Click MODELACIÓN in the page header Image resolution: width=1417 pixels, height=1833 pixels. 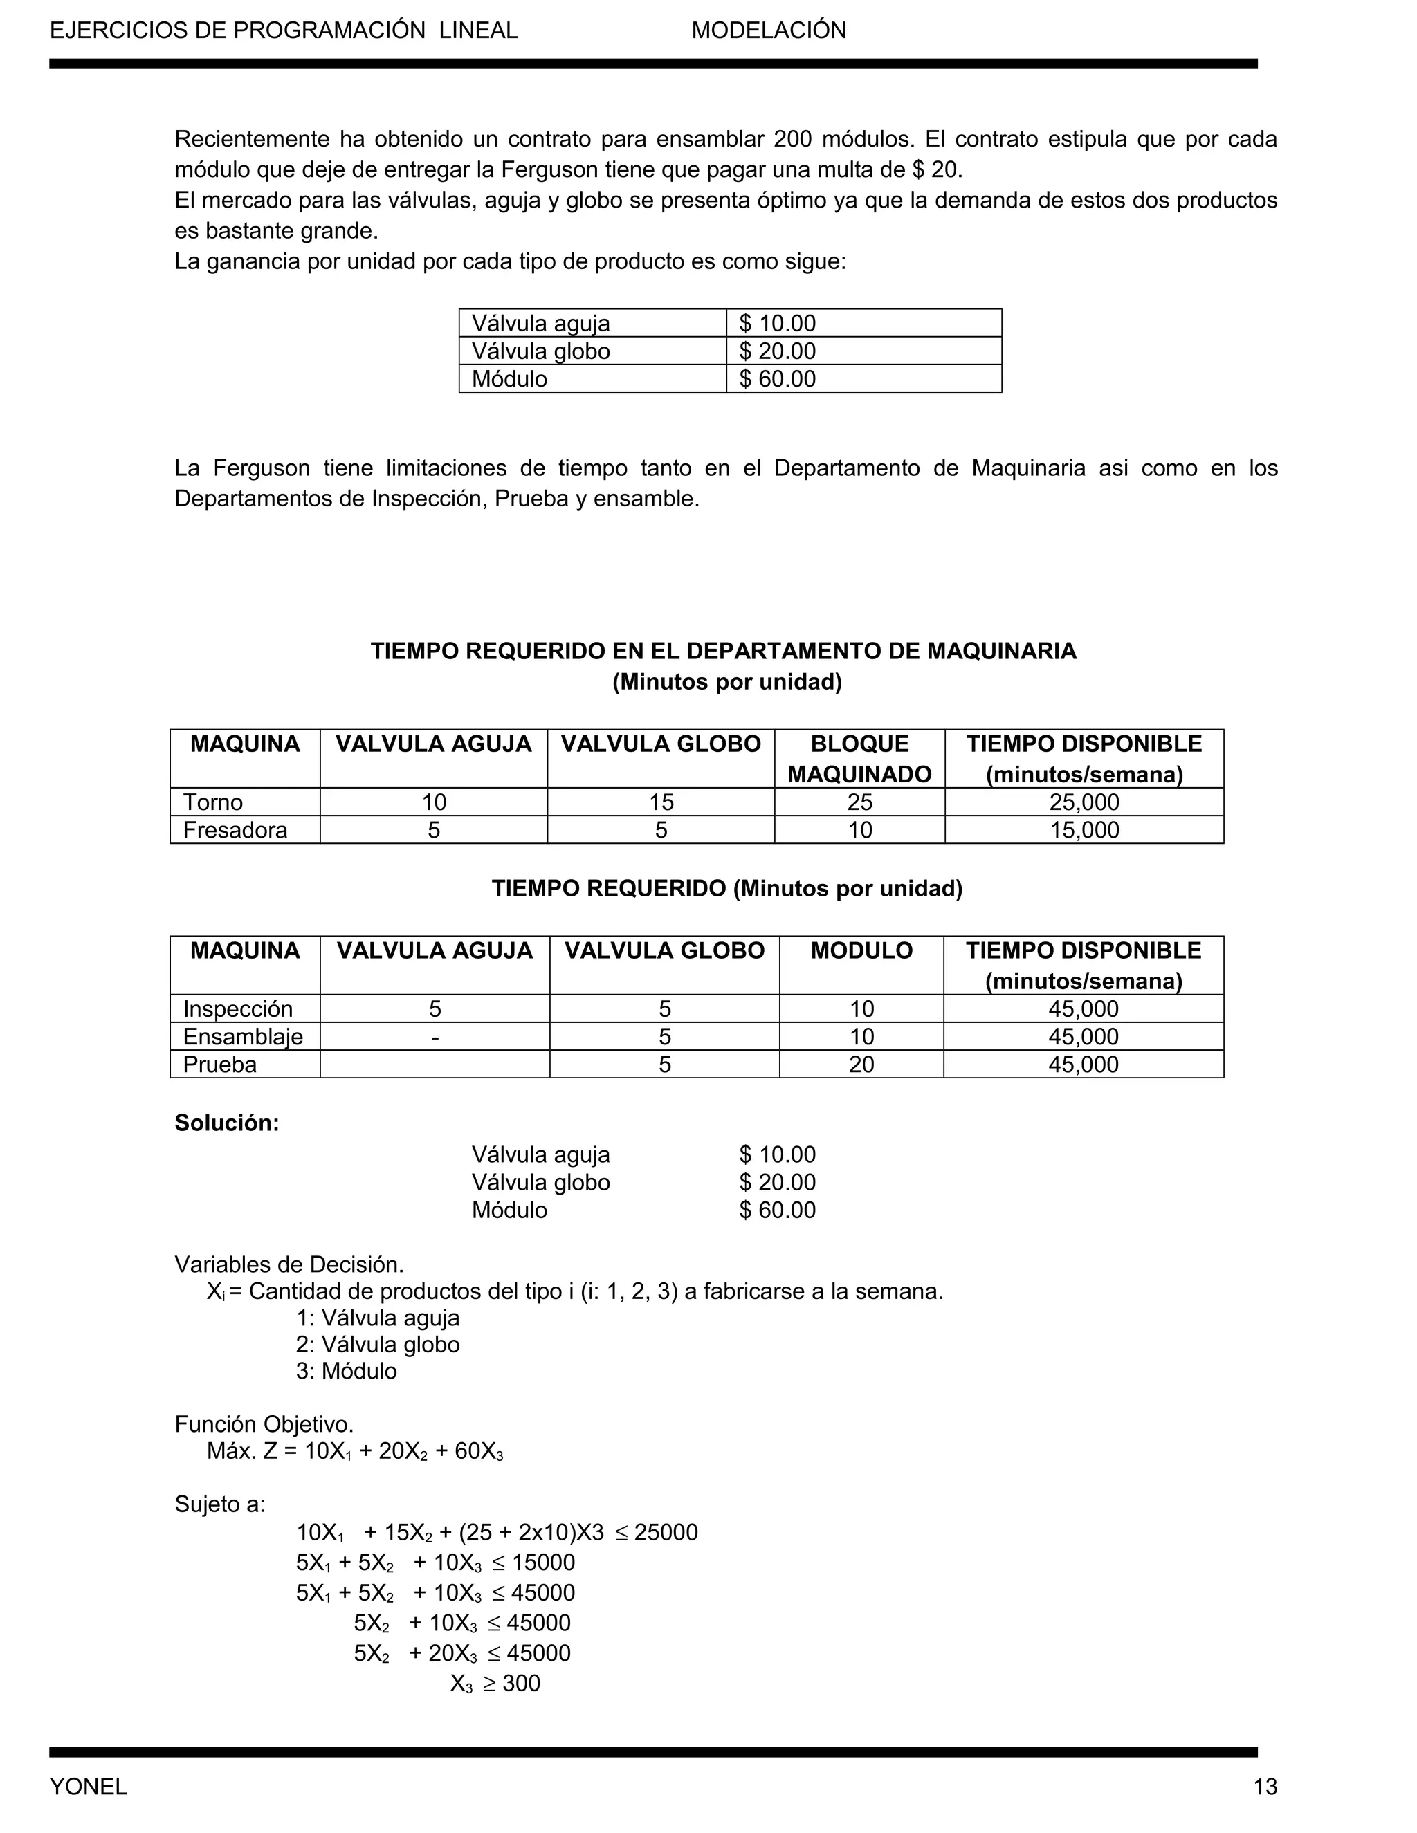pos(768,30)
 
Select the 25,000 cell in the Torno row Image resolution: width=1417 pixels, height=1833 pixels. pos(1083,802)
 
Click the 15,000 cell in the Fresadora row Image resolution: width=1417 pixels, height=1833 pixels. pos(1083,829)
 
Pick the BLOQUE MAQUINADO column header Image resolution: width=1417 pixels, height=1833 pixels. pos(859,759)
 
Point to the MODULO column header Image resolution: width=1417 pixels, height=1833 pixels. pos(861,950)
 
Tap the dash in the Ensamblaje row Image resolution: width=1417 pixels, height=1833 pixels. pos(434,1037)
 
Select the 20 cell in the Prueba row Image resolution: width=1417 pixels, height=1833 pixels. pos(861,1065)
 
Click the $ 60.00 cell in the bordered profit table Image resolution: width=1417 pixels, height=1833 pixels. pos(777,378)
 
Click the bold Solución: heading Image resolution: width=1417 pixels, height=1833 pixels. pos(227,1123)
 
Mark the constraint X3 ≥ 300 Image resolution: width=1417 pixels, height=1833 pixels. pos(495,1683)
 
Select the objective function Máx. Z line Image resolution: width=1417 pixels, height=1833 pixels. pos(355,1451)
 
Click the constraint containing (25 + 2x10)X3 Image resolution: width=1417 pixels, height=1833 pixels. pos(497,1533)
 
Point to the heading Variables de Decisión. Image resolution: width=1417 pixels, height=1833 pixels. pos(289,1264)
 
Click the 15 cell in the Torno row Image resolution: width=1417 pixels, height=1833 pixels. pos(661,802)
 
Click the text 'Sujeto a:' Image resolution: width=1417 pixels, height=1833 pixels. pos(219,1504)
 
